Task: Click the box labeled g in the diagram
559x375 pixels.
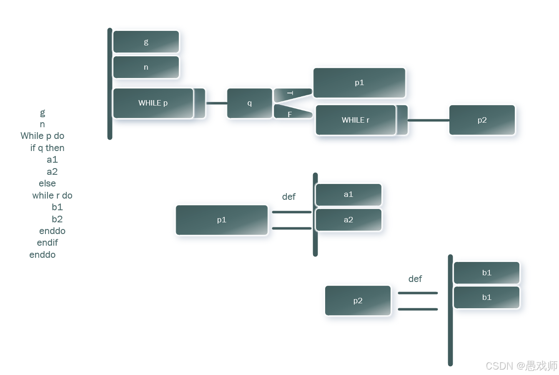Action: [x=146, y=42]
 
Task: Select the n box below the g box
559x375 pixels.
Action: [x=146, y=67]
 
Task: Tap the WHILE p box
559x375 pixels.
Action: [x=153, y=103]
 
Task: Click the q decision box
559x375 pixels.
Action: [x=249, y=103]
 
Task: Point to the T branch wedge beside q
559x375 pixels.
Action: [x=292, y=94]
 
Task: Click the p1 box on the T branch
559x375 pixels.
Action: [x=359, y=83]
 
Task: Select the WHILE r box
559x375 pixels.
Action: [x=356, y=120]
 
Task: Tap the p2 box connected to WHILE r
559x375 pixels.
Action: [x=482, y=120]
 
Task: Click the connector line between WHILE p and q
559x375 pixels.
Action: [x=216, y=103]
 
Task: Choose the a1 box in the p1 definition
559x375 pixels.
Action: [x=348, y=194]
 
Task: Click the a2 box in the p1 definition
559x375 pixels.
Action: [x=348, y=220]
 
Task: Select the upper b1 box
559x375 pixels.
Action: [x=486, y=273]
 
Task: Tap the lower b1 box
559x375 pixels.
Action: [x=486, y=297]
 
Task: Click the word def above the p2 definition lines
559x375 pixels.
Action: [x=415, y=279]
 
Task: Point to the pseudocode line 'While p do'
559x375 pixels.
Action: [x=42, y=136]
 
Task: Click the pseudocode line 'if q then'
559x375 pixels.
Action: [x=47, y=148]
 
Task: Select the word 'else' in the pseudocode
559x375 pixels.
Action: [x=47, y=184]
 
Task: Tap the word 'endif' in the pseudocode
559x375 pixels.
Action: [x=47, y=243]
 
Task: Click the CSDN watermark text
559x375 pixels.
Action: [x=521, y=366]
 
